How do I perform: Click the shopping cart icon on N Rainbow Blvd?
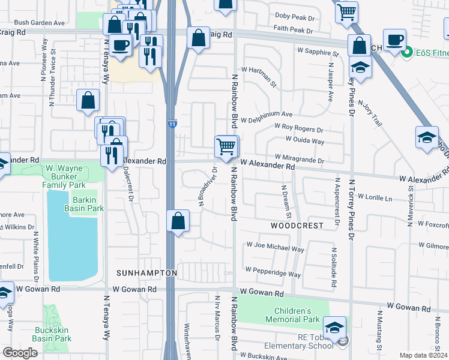click(226, 146)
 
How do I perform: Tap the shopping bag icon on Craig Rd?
click(198, 38)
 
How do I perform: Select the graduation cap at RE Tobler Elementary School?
click(334, 327)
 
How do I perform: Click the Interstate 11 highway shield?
click(172, 123)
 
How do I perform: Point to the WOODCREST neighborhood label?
click(297, 226)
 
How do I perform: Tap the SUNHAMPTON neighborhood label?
click(147, 273)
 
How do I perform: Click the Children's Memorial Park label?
click(292, 316)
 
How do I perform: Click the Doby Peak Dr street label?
click(294, 16)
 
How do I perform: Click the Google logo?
click(20, 353)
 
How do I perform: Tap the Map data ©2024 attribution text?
click(423, 355)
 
